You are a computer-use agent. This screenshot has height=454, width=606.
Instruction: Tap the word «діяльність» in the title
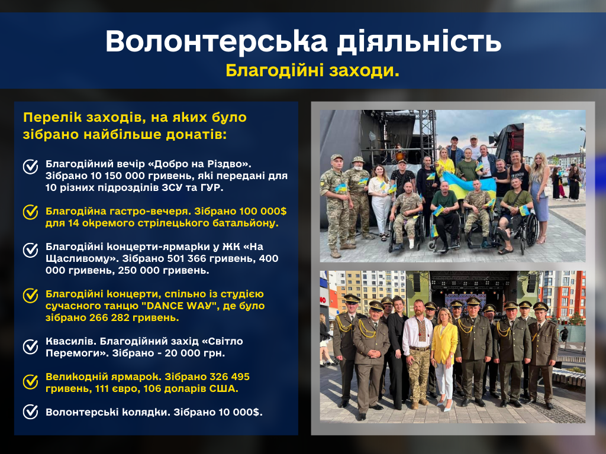pos(419,41)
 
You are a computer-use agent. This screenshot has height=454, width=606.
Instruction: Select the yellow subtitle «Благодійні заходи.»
pos(312,70)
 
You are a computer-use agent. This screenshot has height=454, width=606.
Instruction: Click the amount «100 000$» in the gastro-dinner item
pos(263,211)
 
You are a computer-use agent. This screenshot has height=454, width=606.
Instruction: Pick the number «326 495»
pos(230,377)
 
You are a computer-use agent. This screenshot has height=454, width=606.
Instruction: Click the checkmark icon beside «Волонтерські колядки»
pos(31,411)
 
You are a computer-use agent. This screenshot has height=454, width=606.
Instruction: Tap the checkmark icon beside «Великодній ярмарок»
pos(31,382)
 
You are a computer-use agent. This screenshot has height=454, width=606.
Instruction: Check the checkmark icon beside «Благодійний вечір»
pos(31,167)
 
